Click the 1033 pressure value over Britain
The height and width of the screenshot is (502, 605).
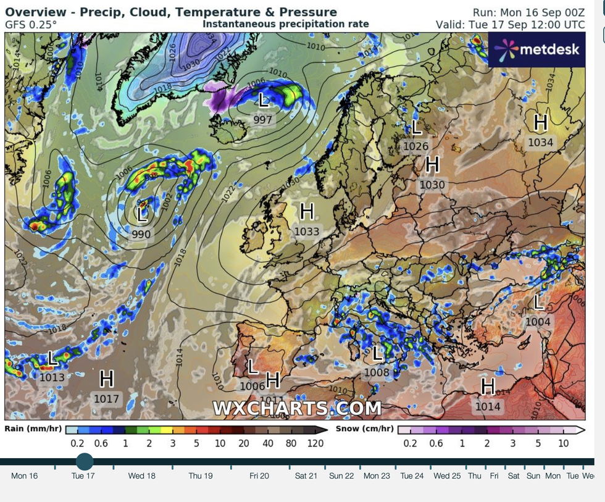pos(307,232)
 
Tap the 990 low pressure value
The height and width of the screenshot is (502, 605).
pos(141,234)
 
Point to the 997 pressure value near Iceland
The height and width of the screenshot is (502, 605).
pos(263,119)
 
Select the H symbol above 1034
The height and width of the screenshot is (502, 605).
pos(540,123)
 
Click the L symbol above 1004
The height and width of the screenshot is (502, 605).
pos(538,302)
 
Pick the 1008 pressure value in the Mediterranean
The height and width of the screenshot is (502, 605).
pos(377,372)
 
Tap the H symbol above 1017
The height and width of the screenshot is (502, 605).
pos(106,379)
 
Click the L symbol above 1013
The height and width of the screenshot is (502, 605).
pos(52,358)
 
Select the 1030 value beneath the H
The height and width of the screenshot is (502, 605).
pos(432,184)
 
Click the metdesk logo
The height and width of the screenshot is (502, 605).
pos(536,49)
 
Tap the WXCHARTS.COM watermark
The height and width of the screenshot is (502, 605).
pos(297,408)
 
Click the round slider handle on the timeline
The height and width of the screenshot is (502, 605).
pos(84,461)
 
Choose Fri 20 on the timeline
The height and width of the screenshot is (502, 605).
pos(259,475)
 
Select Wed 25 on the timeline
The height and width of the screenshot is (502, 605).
pos(447,475)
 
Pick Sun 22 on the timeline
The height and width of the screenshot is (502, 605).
pos(341,475)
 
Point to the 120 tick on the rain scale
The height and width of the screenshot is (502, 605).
pos(315,443)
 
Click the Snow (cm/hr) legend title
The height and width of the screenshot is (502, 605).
pos(364,429)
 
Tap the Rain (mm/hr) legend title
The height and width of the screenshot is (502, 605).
pos(33,429)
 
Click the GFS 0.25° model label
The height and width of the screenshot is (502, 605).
pos(31,25)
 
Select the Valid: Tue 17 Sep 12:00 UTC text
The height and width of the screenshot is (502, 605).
pos(510,25)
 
